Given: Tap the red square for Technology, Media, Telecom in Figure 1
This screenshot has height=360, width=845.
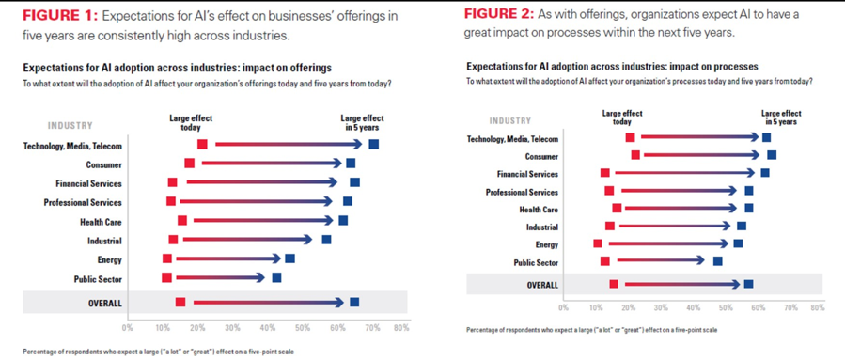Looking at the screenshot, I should [202, 144].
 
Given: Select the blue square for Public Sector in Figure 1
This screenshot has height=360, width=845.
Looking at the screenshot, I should [276, 277].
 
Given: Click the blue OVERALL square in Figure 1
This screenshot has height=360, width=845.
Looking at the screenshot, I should [353, 302].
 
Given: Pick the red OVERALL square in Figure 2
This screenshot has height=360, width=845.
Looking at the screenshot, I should [614, 284].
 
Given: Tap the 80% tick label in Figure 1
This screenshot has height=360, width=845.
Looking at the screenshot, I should [401, 328].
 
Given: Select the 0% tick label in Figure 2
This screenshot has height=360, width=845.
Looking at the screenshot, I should [563, 307].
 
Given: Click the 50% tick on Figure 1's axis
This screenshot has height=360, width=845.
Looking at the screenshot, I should [303, 328].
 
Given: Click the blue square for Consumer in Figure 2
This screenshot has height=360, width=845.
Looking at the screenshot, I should [772, 155].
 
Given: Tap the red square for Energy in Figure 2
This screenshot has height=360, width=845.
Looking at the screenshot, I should [598, 243].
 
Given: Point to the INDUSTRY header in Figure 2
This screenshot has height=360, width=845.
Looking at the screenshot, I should [510, 120].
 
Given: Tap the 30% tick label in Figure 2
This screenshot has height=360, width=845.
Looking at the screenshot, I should [661, 307].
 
